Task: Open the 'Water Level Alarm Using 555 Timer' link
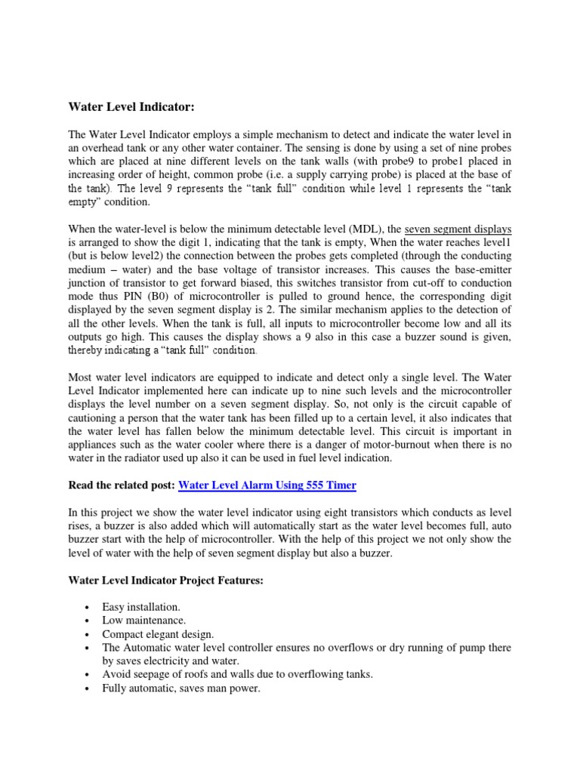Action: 267,485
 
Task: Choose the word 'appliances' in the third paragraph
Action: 96,445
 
